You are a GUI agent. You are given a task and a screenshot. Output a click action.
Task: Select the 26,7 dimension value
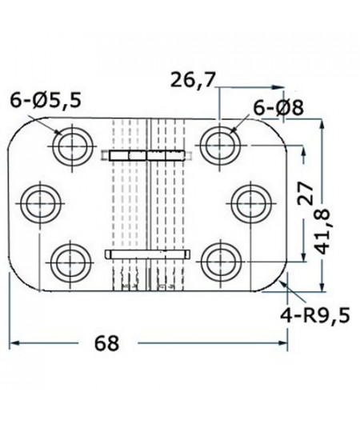(193, 80)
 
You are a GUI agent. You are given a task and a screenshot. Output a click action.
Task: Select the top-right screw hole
(218, 145)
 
